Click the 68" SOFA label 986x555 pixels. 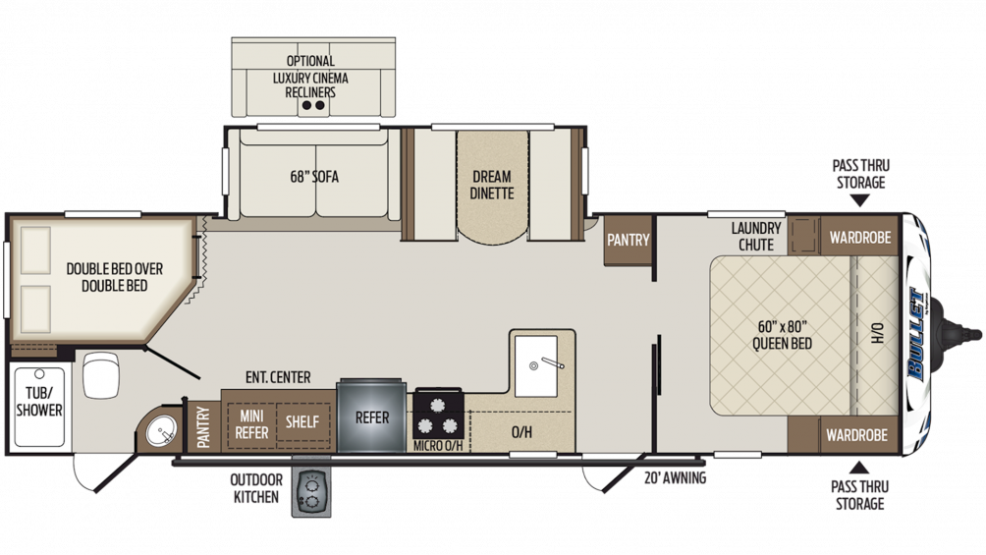[314, 177]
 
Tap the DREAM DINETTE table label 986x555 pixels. [492, 185]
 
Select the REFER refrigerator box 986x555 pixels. [372, 417]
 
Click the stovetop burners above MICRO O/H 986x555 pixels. [438, 414]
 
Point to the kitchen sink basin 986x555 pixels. [535, 365]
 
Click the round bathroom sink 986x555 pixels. [162, 429]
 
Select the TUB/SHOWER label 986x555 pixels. [39, 402]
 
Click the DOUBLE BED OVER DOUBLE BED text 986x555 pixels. [114, 276]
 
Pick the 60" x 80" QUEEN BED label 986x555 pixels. [781, 334]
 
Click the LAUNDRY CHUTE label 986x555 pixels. [756, 236]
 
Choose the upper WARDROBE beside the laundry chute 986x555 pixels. [859, 237]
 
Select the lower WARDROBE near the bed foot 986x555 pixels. [856, 434]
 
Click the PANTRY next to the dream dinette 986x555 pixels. [628, 239]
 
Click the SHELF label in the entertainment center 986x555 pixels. [301, 421]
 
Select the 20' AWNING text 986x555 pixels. [675, 479]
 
